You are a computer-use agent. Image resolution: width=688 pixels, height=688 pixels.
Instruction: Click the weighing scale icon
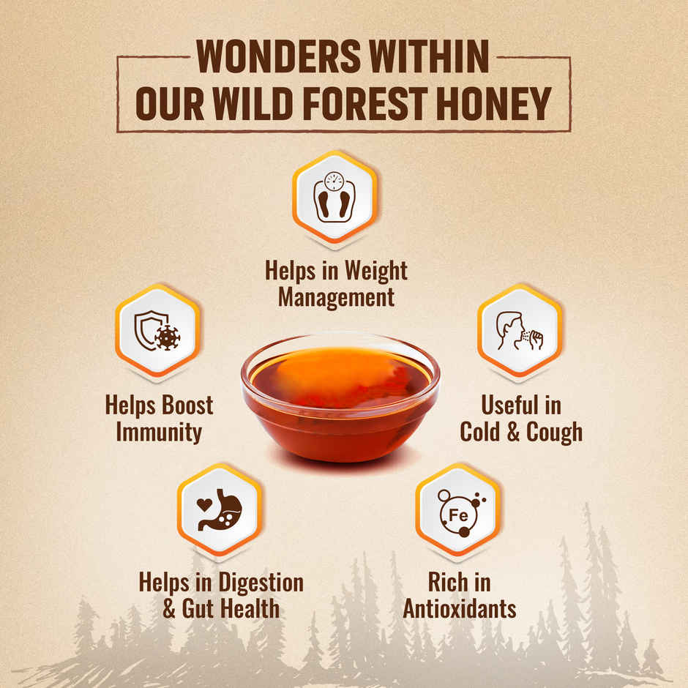pyautogui.click(x=334, y=196)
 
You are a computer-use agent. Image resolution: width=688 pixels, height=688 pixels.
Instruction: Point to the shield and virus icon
pyautogui.click(x=157, y=331)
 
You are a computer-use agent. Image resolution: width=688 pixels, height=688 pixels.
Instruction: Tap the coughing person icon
pyautogui.click(x=520, y=331)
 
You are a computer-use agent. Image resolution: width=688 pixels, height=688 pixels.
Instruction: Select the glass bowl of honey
pyautogui.click(x=340, y=399)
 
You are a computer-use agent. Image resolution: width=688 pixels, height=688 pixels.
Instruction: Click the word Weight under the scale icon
pyautogui.click(x=371, y=271)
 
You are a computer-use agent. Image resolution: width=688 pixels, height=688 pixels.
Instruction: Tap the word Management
pyautogui.click(x=336, y=297)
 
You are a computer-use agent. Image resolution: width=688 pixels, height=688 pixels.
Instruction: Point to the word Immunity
pyautogui.click(x=158, y=432)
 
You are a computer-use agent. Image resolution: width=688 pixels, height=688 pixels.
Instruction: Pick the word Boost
pyautogui.click(x=187, y=405)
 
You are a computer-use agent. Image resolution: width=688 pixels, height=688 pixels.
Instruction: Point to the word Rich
pyautogui.click(x=446, y=582)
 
